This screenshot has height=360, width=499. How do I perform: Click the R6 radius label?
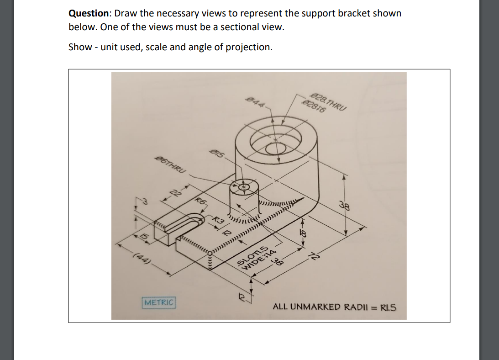(x=201, y=201)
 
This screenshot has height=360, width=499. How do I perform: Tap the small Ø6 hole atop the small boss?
(x=243, y=187)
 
